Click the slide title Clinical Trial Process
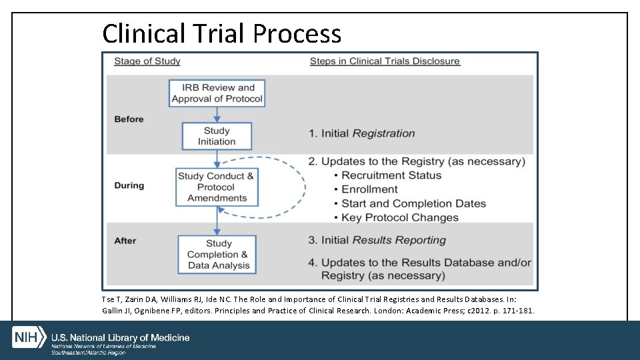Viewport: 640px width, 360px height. tap(221, 33)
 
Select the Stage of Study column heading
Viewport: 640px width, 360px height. tap(147, 61)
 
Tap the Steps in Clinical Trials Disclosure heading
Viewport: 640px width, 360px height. tap(385, 61)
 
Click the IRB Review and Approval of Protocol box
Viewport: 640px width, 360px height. tap(217, 93)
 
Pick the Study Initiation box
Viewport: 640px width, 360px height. tap(217, 136)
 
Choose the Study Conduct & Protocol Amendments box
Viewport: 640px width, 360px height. tap(216, 187)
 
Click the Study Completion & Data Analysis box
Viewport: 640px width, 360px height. tap(218, 255)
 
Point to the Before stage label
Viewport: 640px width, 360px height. tap(129, 119)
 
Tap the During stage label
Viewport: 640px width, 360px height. tap(129, 185)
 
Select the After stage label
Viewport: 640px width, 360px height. tap(125, 241)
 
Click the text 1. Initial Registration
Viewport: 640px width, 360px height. tap(361, 133)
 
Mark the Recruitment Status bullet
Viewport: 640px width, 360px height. tap(391, 175)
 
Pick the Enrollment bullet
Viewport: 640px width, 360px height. tap(369, 189)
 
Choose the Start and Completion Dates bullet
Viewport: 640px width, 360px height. tap(413, 203)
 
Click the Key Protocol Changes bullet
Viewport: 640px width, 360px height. tap(400, 217)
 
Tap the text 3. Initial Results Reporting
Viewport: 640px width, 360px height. tap(377, 240)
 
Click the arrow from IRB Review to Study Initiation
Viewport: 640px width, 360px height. tap(217, 115)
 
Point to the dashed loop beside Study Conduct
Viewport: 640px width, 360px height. tap(303, 187)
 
